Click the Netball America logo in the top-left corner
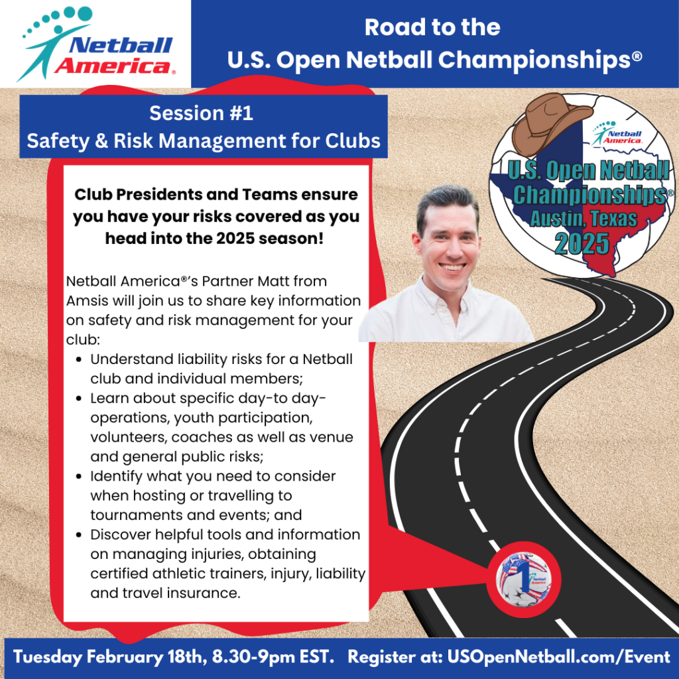(95, 43)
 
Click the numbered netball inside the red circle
(524, 580)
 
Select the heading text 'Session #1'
(202, 113)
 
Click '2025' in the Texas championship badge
(582, 243)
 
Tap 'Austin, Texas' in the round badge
(584, 218)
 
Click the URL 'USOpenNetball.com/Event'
(558, 657)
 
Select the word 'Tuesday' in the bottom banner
(48, 657)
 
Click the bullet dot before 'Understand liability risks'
(79, 359)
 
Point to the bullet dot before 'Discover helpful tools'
(79, 535)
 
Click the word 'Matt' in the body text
(273, 281)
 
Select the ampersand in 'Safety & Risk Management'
(101, 141)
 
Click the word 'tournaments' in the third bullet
(133, 515)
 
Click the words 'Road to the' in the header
(432, 27)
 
